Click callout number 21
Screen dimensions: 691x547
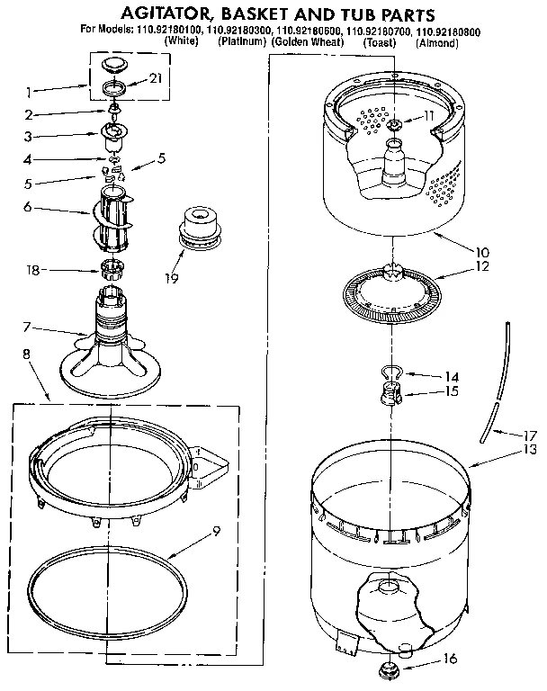coord(157,79)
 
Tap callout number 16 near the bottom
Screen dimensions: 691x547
coord(452,659)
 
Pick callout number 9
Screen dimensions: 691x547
coord(216,531)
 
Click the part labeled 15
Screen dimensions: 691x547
coord(388,393)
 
